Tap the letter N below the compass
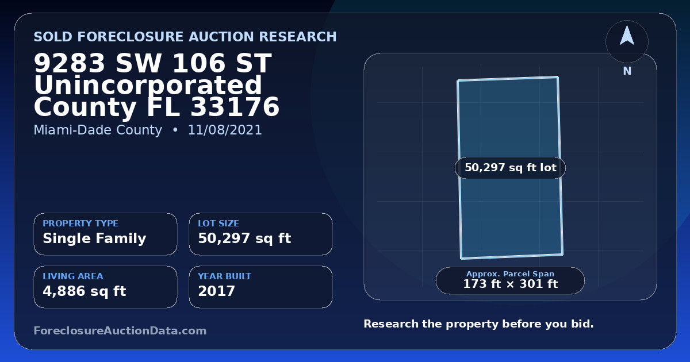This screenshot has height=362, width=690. tap(627, 71)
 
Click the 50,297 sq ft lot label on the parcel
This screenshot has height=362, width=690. tap(511, 168)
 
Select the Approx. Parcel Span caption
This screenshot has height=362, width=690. tap(510, 274)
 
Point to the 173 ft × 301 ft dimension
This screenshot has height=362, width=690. tap(510, 284)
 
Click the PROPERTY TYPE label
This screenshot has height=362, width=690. tap(80, 223)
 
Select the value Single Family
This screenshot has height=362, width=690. tap(94, 238)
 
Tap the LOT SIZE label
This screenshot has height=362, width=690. tap(218, 223)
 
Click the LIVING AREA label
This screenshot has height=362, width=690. tap(73, 276)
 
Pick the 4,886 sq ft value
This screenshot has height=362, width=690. tap(85, 291)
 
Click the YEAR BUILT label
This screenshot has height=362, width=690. tap(225, 276)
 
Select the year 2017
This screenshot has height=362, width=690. tap(217, 291)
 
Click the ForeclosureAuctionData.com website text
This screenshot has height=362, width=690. tap(120, 330)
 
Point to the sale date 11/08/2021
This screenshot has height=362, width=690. tap(225, 130)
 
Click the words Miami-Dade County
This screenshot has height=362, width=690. tap(98, 130)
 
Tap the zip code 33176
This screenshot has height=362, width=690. tap(235, 107)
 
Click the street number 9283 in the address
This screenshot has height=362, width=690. tap(70, 63)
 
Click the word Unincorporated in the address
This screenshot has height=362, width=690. tap(148, 85)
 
